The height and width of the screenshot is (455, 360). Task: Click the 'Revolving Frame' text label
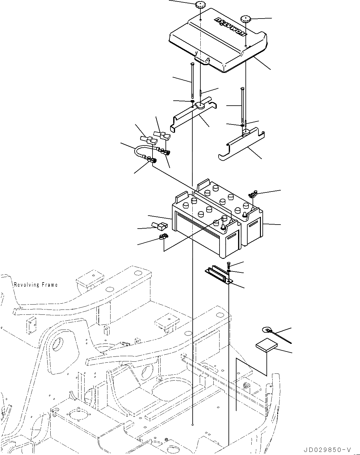(x=36, y=285)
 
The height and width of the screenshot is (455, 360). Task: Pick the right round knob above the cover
(x=246, y=19)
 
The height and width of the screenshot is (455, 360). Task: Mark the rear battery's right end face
(x=253, y=230)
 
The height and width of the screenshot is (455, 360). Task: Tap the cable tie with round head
(x=275, y=334)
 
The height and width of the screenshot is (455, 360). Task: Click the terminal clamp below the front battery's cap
(x=162, y=238)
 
